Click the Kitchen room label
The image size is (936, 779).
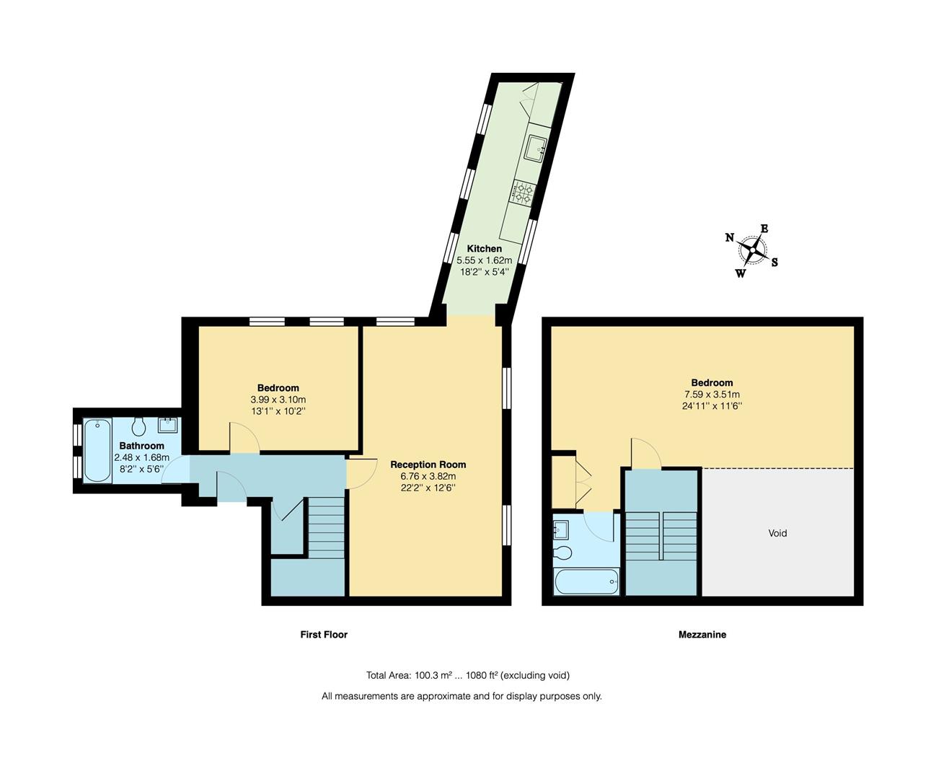tap(484, 248)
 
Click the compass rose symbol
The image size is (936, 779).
tap(751, 252)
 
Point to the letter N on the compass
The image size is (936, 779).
tap(730, 237)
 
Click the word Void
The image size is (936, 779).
tap(777, 533)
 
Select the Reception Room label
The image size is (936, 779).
tap(428, 465)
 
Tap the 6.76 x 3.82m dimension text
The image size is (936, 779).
tap(428, 476)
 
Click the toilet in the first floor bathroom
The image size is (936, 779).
tap(139, 426)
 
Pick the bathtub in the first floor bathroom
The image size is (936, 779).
tap(97, 450)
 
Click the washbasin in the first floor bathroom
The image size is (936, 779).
tap(167, 425)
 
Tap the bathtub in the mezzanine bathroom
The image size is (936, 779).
tap(587, 581)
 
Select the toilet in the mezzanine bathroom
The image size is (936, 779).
tap(562, 553)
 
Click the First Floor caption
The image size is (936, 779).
tap(324, 635)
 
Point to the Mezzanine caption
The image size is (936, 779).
tap(702, 635)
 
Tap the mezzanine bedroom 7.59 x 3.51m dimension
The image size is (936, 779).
tap(712, 395)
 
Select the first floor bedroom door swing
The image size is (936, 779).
tap(244, 437)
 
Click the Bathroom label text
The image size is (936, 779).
tap(141, 446)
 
